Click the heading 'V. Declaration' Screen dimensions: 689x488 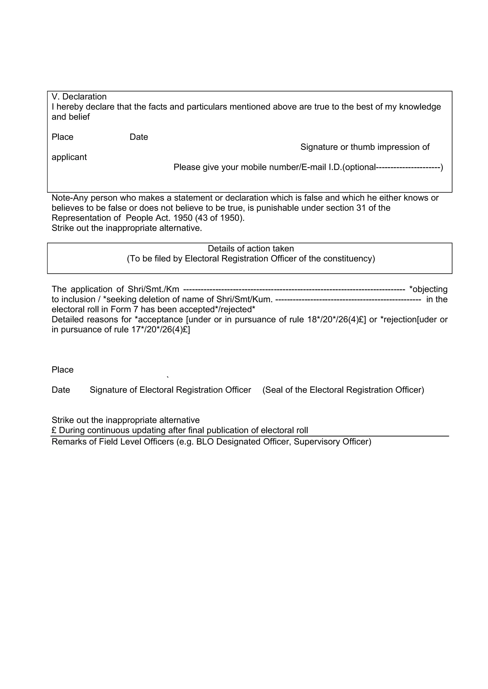[79, 97]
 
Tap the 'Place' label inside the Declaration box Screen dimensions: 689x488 [62, 137]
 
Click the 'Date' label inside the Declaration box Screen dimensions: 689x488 [139, 137]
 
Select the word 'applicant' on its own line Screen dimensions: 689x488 [69, 157]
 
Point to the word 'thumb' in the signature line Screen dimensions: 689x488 [363, 147]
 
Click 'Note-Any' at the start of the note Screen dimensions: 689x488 [69, 198]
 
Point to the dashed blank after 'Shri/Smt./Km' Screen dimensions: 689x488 [294, 290]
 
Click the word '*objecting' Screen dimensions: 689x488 [428, 290]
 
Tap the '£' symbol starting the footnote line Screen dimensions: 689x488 [54, 430]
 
